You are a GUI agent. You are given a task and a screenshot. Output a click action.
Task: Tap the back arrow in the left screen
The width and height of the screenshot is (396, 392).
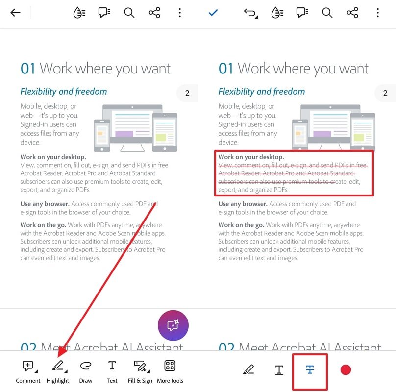[x=16, y=13]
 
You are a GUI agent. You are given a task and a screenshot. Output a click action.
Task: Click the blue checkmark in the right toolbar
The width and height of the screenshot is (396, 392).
[x=213, y=13]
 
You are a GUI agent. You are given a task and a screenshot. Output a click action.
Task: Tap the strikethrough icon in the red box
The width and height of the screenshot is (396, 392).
[x=310, y=370]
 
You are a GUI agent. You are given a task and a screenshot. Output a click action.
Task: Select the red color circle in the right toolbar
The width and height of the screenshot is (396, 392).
[x=346, y=370]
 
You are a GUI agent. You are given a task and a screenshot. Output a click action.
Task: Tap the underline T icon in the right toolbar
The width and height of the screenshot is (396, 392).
[x=279, y=370]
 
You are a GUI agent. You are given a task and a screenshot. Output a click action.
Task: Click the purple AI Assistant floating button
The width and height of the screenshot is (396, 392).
[x=173, y=325]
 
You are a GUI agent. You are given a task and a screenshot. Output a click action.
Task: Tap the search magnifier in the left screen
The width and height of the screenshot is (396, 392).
[x=129, y=13]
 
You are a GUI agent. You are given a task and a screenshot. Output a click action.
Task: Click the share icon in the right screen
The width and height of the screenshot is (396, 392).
[x=352, y=13]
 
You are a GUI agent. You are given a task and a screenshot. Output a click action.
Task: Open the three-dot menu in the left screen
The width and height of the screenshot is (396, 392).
[x=180, y=13]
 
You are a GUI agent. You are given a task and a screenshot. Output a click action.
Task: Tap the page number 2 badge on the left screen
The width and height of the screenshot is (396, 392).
[x=187, y=93]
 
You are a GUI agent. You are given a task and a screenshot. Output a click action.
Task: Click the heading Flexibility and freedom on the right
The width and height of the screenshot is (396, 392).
[x=261, y=92]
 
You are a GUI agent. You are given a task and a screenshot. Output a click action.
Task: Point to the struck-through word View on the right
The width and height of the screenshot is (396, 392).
[x=226, y=166]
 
